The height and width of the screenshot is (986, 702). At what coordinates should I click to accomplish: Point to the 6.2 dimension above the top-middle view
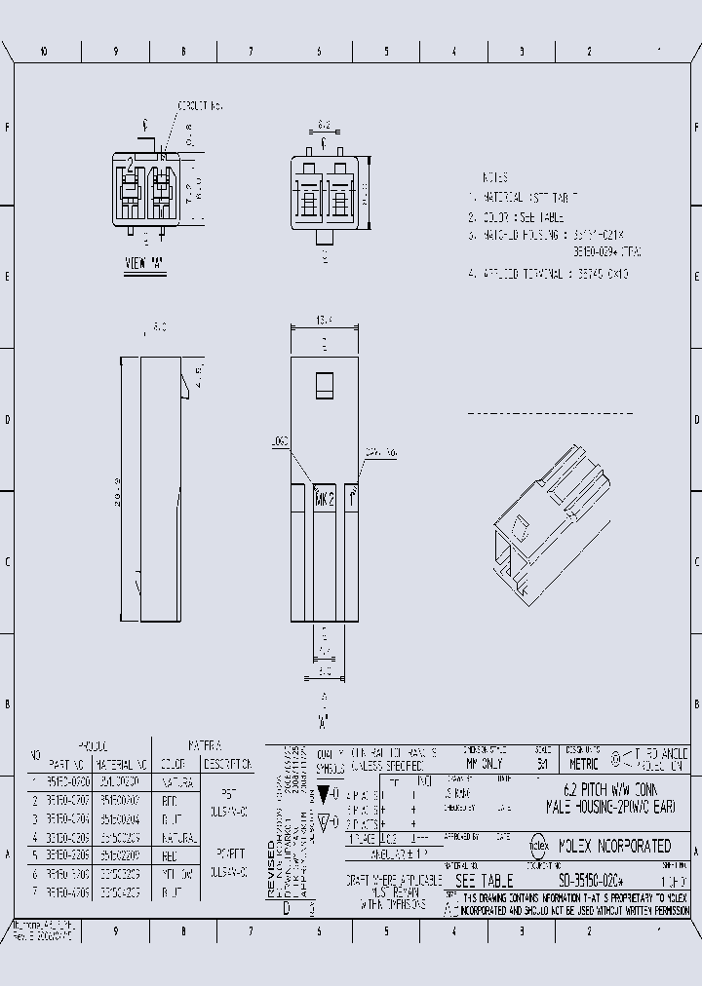[324, 125]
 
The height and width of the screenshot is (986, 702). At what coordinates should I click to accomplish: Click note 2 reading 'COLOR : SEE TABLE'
[515, 217]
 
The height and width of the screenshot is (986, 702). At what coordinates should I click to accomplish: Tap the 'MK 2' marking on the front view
[325, 498]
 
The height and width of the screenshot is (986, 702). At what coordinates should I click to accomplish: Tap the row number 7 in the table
[32, 891]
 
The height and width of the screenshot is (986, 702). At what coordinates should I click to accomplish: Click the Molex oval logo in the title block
[538, 846]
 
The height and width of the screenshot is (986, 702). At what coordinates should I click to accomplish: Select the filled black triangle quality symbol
[325, 793]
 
